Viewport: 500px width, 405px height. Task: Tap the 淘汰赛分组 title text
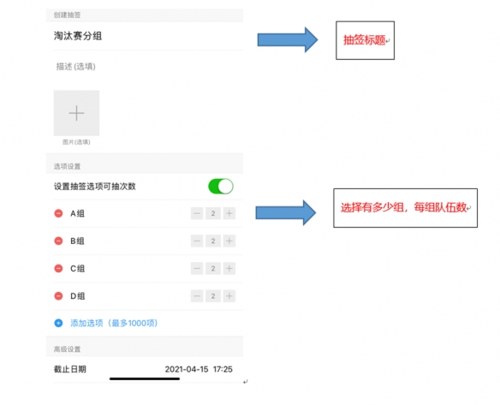pyautogui.click(x=78, y=36)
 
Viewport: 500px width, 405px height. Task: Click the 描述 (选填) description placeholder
pyautogui.click(x=76, y=66)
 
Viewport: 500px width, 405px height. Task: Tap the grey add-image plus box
pyautogui.click(x=76, y=113)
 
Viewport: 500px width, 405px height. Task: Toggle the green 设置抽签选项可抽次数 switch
pyautogui.click(x=221, y=187)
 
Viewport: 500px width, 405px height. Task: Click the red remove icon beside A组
pyautogui.click(x=58, y=213)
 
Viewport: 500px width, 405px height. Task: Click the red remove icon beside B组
pyautogui.click(x=58, y=241)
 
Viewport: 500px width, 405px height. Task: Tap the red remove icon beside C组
pyautogui.click(x=58, y=269)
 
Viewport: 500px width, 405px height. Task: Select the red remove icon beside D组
pyautogui.click(x=58, y=296)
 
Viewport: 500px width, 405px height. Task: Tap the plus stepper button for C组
pyautogui.click(x=229, y=269)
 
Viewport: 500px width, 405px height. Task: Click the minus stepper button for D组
pyautogui.click(x=197, y=296)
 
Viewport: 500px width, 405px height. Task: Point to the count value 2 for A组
pyautogui.click(x=213, y=213)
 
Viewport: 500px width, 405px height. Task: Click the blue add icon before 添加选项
pyautogui.click(x=58, y=323)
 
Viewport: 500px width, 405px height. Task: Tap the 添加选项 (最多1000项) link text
pyautogui.click(x=114, y=323)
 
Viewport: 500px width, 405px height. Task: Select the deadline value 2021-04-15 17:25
pyautogui.click(x=199, y=369)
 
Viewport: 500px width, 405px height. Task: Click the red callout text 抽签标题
pyautogui.click(x=364, y=40)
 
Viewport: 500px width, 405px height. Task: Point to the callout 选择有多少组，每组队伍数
pyautogui.click(x=404, y=207)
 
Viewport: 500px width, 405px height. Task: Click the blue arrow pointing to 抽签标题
pyautogui.click(x=288, y=40)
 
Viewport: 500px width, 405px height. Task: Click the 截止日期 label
pyautogui.click(x=70, y=369)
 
